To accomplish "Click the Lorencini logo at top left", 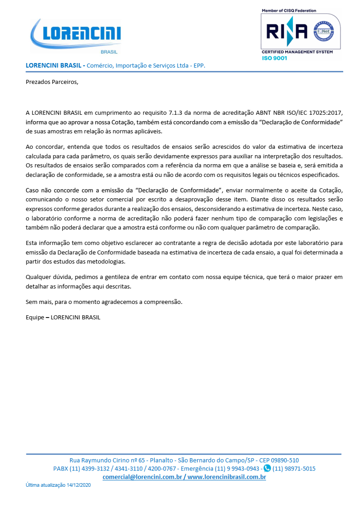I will coord(76,34).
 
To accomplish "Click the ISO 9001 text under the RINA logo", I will coord(275,58).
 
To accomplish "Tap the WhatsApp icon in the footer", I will coord(267,468).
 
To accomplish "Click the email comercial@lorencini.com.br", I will coord(142,477).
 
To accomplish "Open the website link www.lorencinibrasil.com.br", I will coord(227,477).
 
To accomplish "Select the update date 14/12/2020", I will coord(79,485).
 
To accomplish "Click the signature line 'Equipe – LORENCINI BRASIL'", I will coord(63,318).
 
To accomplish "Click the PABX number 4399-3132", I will coord(95,469).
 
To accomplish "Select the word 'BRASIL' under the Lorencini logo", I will coord(109,52).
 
